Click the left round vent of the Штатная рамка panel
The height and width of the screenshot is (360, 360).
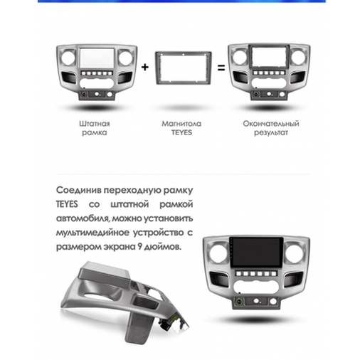70,58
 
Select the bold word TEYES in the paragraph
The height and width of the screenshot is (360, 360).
65,204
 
